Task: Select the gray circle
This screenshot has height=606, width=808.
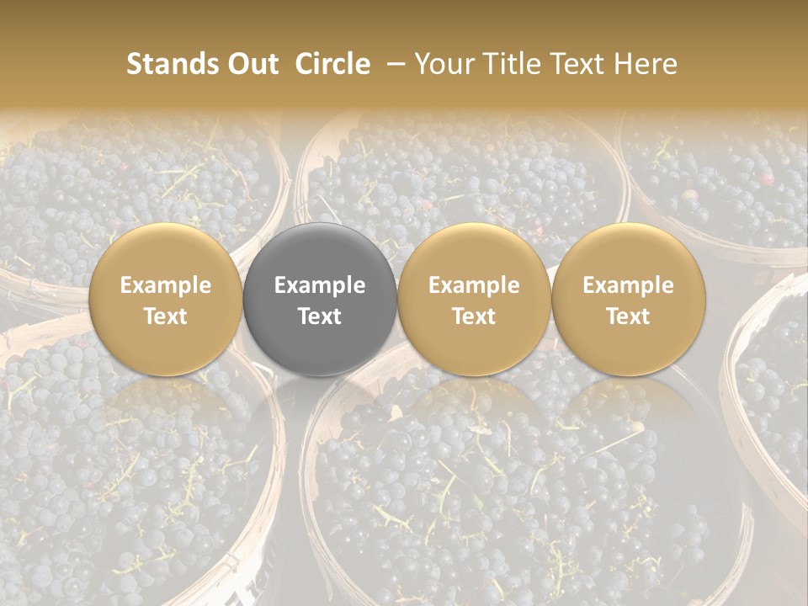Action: point(320,299)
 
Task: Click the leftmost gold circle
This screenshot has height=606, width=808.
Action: point(165,299)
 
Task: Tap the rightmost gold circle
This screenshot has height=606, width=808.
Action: point(629,299)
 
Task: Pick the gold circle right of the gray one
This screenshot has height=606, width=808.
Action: point(474,299)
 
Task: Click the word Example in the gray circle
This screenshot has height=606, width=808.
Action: point(320,285)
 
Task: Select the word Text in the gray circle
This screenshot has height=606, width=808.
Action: point(320,316)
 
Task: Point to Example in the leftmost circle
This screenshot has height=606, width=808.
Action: point(165,285)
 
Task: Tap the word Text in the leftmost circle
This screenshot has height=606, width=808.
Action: point(165,316)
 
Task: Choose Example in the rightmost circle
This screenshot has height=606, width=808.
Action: point(629,285)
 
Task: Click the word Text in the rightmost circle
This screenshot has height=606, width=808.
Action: point(629,316)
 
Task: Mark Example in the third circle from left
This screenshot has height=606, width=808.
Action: point(474,285)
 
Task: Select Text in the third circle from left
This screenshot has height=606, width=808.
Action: point(474,316)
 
